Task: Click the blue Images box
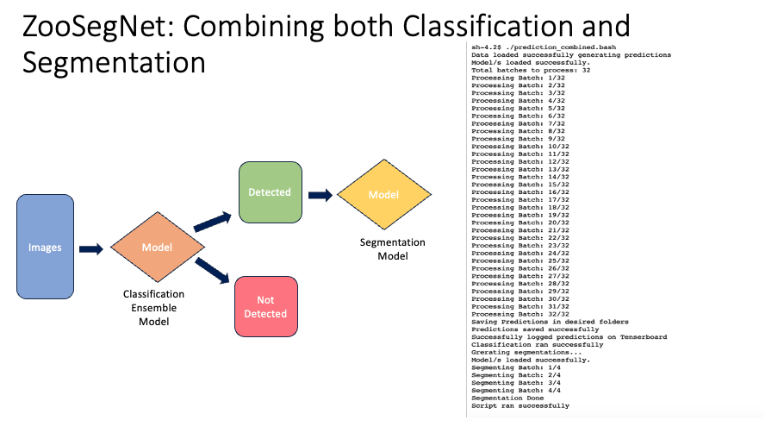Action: (45, 248)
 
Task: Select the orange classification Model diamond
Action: (157, 248)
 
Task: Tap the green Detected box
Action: (270, 192)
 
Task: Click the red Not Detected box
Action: (265, 306)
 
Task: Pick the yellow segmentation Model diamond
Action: (383, 194)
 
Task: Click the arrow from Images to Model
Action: (91, 248)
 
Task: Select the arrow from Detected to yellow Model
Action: (320, 195)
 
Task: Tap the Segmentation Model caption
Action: (392, 249)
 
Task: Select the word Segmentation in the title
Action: (114, 63)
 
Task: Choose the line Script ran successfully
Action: (520, 405)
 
